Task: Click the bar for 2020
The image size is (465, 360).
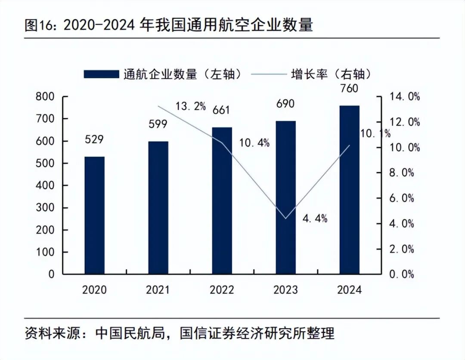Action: click(x=94, y=215)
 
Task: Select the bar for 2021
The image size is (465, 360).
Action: click(x=158, y=207)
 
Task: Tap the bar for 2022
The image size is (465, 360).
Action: click(x=222, y=200)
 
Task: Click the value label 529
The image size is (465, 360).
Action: click(x=94, y=139)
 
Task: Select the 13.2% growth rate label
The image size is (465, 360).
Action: click(x=190, y=106)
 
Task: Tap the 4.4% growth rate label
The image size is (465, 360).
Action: click(x=315, y=219)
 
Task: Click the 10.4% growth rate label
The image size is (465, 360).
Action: click(x=254, y=143)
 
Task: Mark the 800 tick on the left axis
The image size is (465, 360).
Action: click(x=45, y=97)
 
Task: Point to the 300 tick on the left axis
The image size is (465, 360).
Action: click(x=45, y=208)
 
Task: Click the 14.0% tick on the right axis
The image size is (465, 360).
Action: click(x=404, y=97)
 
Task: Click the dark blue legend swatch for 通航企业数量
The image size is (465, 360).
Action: click(x=101, y=74)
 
